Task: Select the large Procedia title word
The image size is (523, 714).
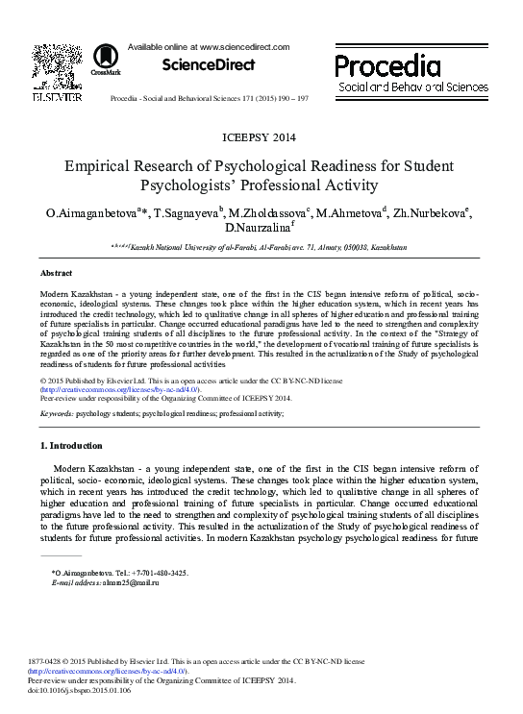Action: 387,66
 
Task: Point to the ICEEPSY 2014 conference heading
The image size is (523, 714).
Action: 260,137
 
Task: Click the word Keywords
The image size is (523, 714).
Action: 56,412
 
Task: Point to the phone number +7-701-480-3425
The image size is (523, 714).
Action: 154,573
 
